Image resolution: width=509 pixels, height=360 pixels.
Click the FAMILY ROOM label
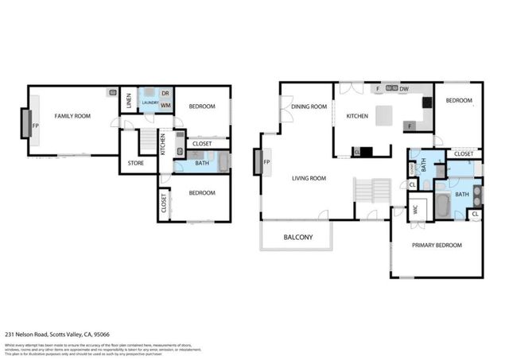click(72, 116)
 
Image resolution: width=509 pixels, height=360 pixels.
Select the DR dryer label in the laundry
click(165, 94)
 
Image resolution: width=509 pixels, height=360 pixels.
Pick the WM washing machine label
click(165, 105)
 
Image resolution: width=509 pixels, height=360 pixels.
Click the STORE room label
click(136, 165)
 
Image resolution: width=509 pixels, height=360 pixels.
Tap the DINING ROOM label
click(309, 106)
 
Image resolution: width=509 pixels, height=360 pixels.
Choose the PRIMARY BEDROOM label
click(437, 246)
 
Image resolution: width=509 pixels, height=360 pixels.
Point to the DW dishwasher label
click(404, 88)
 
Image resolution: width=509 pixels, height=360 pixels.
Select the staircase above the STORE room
click(147, 141)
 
